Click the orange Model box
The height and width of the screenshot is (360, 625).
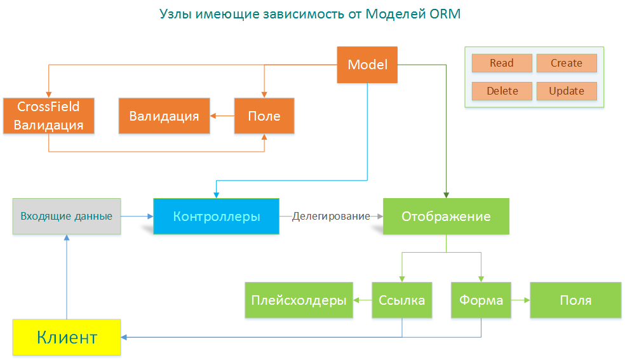[367, 65]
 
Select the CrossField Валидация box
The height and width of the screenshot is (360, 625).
[49, 116]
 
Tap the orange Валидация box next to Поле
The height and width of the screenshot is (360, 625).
[164, 116]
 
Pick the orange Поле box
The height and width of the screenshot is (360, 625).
[264, 116]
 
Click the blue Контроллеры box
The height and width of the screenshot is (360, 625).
[216, 217]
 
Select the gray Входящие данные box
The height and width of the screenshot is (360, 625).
[67, 217]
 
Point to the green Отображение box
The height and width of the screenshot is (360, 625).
[446, 217]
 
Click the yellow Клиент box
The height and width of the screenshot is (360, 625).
[67, 337]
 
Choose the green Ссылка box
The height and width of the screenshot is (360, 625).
[401, 300]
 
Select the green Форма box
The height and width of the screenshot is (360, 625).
[481, 300]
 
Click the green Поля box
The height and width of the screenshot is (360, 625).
[575, 300]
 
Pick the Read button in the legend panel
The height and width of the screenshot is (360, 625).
[501, 63]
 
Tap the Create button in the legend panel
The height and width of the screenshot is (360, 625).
[566, 63]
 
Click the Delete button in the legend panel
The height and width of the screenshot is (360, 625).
[501, 91]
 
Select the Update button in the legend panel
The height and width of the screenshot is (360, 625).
[566, 91]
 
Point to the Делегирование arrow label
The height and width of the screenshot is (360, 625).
[331, 217]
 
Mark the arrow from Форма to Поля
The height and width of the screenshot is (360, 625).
[520, 300]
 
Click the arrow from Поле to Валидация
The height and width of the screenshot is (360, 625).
[222, 116]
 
